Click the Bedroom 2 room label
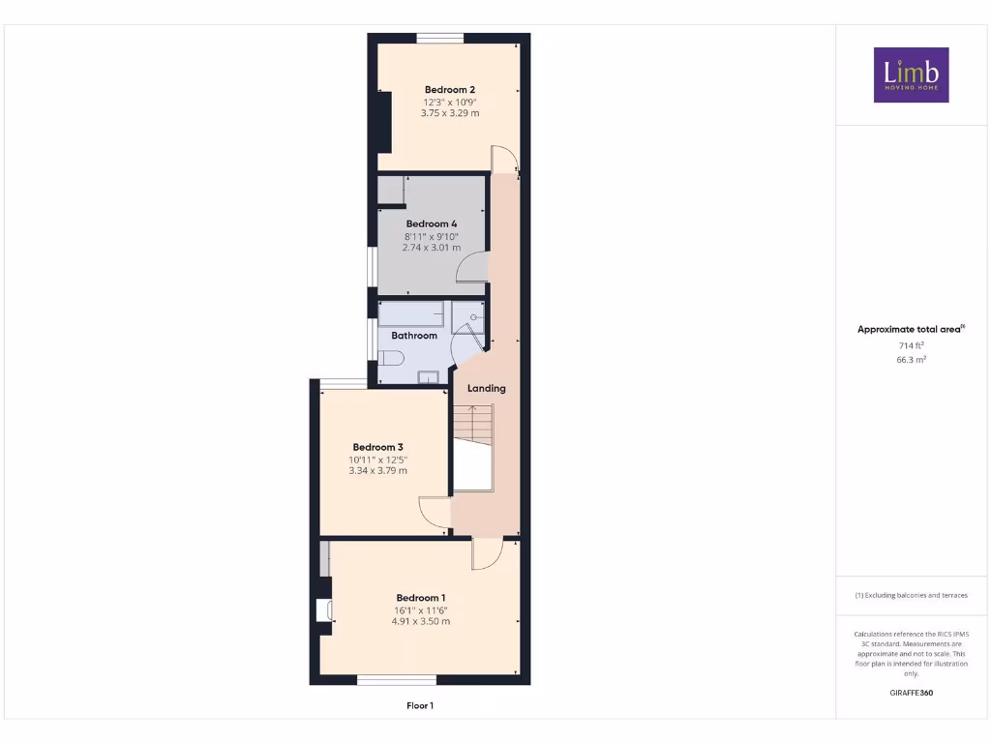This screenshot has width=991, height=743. [x=450, y=89]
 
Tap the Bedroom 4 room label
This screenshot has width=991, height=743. [x=432, y=223]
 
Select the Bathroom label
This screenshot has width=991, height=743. [x=414, y=336]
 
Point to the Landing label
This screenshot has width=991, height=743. [x=487, y=388]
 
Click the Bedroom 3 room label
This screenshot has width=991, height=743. [x=377, y=447]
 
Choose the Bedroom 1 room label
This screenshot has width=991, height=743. [x=421, y=597]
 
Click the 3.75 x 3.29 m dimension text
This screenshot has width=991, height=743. [x=450, y=113]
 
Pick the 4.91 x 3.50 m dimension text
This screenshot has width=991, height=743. [x=421, y=621]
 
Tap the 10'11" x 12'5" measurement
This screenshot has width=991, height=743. [x=377, y=460]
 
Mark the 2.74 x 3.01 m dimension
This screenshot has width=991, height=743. [x=432, y=248]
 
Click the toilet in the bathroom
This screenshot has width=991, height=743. [x=390, y=359]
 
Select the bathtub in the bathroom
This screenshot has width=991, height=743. [x=411, y=313]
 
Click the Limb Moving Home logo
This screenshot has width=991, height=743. [x=911, y=74]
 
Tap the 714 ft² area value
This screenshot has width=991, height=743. [x=911, y=345]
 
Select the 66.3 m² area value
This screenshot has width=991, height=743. [x=911, y=359]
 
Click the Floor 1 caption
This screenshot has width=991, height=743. [x=420, y=706]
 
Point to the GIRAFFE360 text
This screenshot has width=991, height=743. [x=911, y=693]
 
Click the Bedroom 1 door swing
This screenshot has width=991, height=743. [x=486, y=554]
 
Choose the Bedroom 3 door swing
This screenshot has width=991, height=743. [x=435, y=512]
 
